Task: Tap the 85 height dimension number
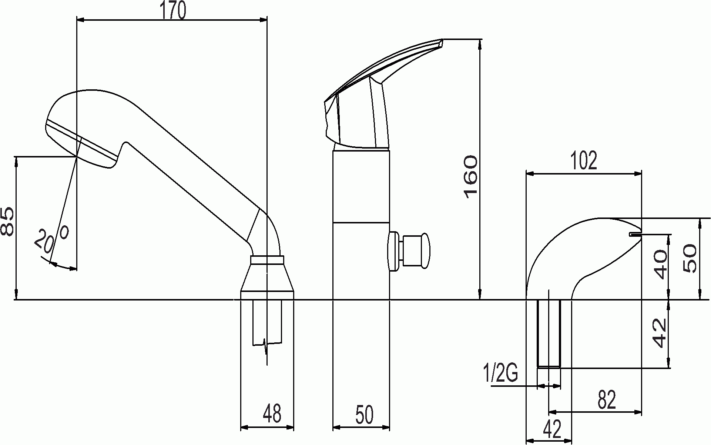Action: click(x=8, y=222)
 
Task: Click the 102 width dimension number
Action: click(x=584, y=160)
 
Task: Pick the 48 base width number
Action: click(x=272, y=414)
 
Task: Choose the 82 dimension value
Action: click(x=607, y=400)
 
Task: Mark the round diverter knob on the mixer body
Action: click(x=410, y=250)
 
